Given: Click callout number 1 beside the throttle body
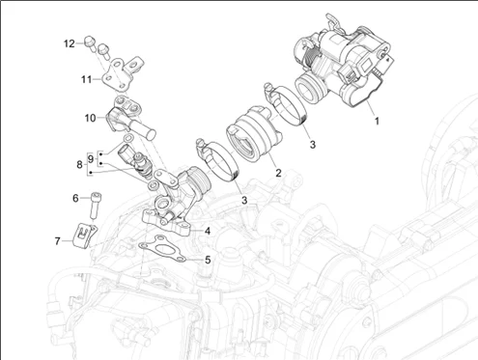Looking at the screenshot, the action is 377,122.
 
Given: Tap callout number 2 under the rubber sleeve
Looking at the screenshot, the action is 278,173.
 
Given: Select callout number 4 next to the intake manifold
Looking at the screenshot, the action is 208,231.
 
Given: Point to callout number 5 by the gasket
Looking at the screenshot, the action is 208,260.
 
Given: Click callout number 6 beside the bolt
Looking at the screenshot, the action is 75,198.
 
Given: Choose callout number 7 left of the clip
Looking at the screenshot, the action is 57,240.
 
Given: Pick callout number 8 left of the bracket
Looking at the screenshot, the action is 79,164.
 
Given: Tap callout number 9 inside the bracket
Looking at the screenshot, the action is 91,158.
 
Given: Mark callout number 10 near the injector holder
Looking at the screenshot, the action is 91,118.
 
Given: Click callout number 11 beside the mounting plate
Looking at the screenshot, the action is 86,79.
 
